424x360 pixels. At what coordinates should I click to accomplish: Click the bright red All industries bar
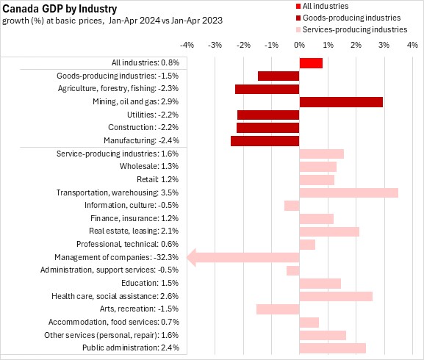tap(311, 63)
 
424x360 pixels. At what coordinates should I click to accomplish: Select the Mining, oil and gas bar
tap(341, 102)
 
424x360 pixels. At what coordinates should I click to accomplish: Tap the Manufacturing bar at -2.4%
tap(265, 141)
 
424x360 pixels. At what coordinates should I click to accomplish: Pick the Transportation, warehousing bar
tap(349, 192)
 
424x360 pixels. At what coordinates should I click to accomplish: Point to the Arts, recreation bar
tap(278, 309)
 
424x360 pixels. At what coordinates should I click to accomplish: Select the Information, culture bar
tap(292, 206)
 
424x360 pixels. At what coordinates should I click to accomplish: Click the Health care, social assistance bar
tap(336, 296)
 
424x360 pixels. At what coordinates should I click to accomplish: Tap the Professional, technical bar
tap(307, 245)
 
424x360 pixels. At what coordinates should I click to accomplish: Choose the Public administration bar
tap(333, 348)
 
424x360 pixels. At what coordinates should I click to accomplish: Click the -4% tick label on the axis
tap(187, 45)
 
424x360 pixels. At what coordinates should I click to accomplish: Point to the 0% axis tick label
tap(300, 45)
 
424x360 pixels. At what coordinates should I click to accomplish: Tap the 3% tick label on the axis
tap(384, 45)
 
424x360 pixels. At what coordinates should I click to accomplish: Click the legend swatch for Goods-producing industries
tap(298, 18)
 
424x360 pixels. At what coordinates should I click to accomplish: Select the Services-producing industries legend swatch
tap(298, 29)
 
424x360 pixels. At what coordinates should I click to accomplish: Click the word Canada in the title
tap(21, 9)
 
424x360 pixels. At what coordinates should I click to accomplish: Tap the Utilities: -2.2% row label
tap(153, 115)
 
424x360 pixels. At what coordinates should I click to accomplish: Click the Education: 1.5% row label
tap(150, 283)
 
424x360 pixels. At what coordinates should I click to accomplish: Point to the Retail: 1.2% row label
tap(158, 179)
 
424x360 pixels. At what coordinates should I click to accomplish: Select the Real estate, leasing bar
tap(329, 231)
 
